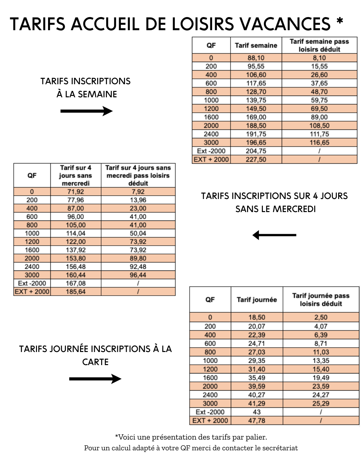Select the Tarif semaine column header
coord(256,46)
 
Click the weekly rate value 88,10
coord(256,58)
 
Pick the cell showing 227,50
coord(256,159)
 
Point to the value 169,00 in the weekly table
coord(256,117)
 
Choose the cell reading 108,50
coord(319,125)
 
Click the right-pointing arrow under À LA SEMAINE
coord(86,111)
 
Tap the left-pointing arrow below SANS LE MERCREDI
coord(274,235)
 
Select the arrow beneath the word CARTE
coord(95,379)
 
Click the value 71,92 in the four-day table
coord(76,192)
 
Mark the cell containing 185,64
coord(76,292)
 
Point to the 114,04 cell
coord(76,233)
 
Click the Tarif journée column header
coord(257,300)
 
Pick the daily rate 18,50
coord(257,317)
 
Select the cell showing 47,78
coord(257,420)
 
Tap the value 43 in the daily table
coord(257,412)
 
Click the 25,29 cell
coord(321,403)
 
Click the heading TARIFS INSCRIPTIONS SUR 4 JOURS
coord(274,196)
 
